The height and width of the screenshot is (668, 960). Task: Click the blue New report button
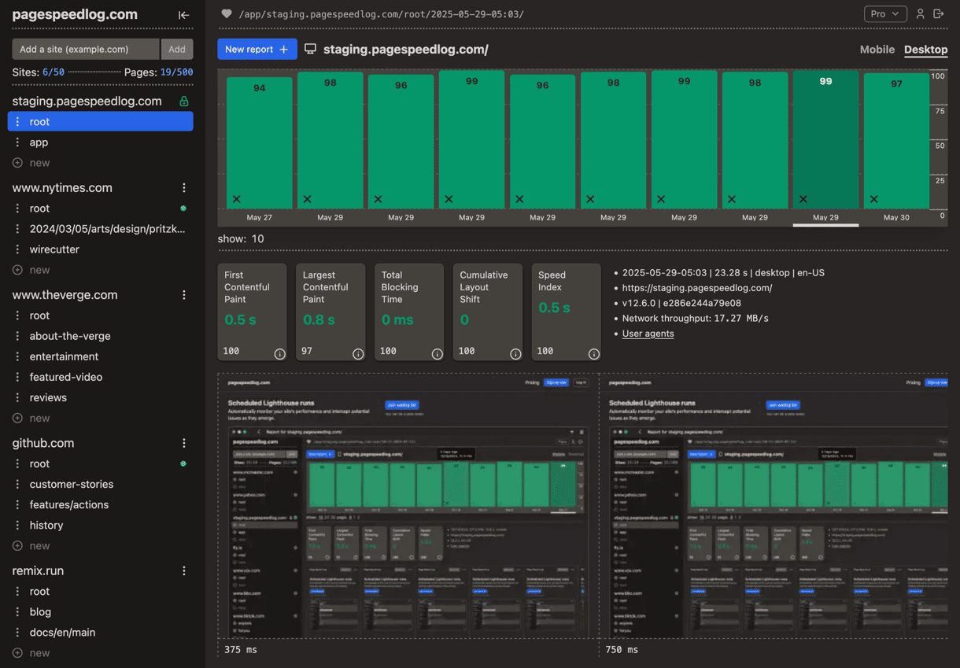257,49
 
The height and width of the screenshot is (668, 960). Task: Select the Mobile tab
877,49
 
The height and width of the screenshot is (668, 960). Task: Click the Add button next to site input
177,49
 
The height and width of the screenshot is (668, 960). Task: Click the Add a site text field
85,49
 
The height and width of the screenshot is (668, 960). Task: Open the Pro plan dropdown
884,14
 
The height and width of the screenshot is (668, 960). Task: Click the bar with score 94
259,142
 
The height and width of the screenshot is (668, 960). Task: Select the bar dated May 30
895,142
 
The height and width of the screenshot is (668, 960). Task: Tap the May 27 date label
259,217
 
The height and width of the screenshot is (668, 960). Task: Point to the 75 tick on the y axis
938,111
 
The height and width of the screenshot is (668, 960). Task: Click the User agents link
648,334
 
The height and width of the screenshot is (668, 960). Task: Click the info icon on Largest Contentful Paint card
358,354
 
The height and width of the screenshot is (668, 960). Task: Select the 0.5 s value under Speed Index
554,308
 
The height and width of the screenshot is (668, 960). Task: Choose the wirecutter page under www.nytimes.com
54,249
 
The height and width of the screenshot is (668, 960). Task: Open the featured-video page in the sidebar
66,377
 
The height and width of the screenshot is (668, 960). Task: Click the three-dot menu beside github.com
184,443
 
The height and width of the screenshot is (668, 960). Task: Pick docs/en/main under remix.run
62,633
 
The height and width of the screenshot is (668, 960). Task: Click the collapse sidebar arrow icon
183,15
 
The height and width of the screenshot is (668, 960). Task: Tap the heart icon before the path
227,14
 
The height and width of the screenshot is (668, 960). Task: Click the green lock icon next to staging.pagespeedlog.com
183,101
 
